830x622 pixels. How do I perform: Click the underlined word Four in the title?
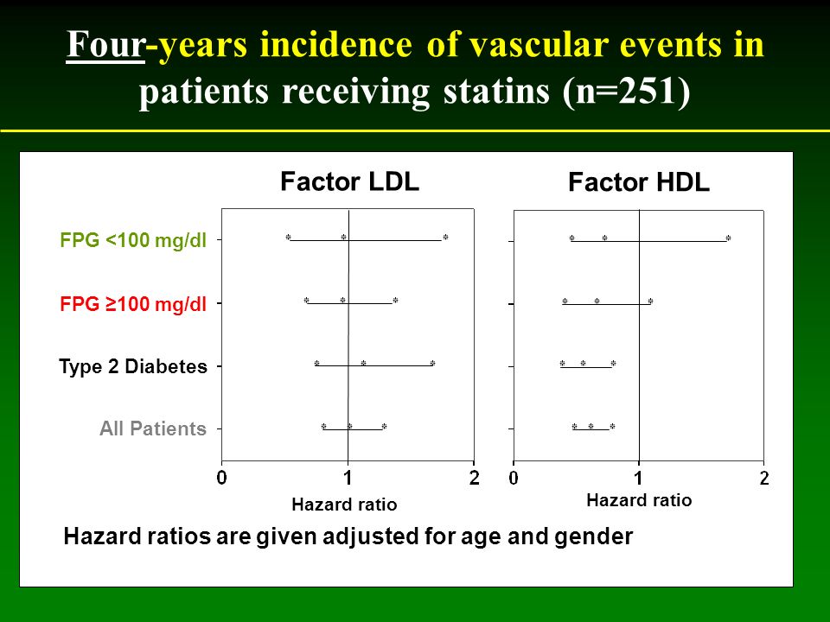pos(105,44)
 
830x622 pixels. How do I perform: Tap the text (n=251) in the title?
pos(627,92)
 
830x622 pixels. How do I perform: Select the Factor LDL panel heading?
pos(349,181)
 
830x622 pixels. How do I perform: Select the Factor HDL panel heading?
pos(638,182)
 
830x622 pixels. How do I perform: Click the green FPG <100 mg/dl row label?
pos(133,240)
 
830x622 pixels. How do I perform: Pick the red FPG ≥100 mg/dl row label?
pos(133,304)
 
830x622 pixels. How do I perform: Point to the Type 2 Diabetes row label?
pos(133,366)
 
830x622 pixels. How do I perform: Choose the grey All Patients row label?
pos(153,428)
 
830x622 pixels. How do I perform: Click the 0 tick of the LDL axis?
pos(222,478)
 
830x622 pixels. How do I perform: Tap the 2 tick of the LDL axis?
pos(475,478)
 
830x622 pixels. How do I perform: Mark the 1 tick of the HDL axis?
pos(639,478)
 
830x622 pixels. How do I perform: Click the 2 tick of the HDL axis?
pos(763,478)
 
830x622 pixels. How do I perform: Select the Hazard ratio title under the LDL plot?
pos(344,505)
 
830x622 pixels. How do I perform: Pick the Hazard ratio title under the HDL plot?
pos(639,500)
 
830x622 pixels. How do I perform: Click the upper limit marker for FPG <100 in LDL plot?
pos(446,238)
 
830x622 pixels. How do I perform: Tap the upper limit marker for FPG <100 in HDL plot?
pos(728,238)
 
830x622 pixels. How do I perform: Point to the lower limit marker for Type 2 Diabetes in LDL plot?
pos(316,364)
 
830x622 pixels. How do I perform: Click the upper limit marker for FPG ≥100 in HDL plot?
pos(650,301)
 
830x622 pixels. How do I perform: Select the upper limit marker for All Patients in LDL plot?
pos(384,426)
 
